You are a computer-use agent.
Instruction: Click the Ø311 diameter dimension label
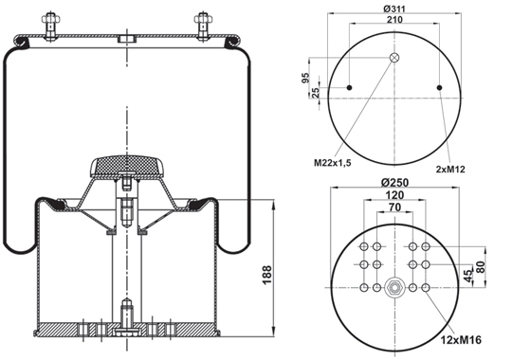click(394, 9)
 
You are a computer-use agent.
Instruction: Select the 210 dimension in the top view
click(394, 20)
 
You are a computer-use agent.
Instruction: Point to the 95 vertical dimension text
click(305, 78)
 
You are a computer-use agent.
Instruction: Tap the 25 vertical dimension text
click(315, 93)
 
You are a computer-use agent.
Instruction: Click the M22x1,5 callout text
click(333, 163)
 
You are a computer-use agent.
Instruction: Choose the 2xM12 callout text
click(450, 170)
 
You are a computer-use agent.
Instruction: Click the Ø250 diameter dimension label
click(394, 182)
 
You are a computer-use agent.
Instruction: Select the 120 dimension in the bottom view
click(394, 195)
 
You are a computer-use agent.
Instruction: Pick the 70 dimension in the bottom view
click(394, 207)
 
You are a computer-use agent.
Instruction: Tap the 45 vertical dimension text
click(468, 276)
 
